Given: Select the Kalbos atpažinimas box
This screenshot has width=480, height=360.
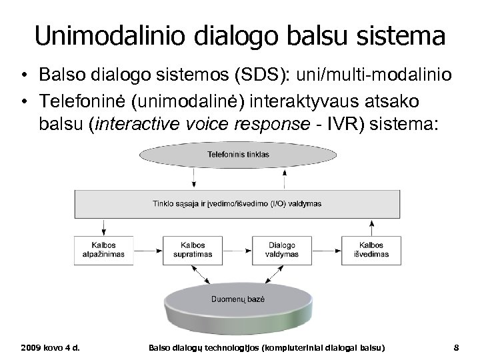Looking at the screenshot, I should [95, 249].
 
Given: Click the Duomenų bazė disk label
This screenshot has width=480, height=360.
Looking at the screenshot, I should [238, 299].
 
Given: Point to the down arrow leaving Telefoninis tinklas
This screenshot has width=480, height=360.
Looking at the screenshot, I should [193, 177].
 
